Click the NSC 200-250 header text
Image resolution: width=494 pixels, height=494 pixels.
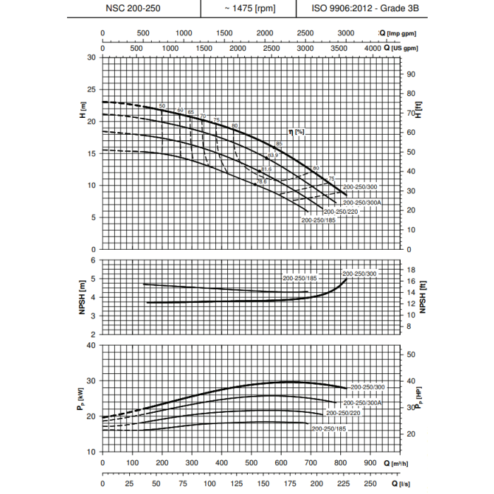point(134,8)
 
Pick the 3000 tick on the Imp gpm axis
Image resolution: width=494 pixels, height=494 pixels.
point(347,33)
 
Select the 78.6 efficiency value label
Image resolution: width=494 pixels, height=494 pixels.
point(261,182)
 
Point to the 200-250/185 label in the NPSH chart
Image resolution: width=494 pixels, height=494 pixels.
point(300,278)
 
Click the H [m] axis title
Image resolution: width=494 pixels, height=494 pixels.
point(83,109)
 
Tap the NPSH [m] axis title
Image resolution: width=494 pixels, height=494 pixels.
point(83,300)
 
